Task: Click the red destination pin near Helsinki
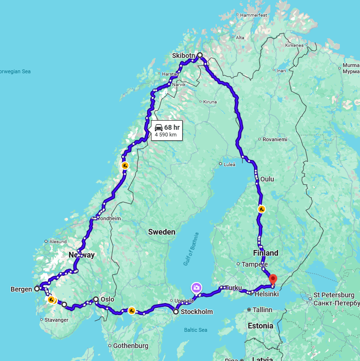click(x=273, y=279)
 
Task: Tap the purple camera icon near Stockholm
click(x=196, y=287)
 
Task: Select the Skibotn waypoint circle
click(x=200, y=55)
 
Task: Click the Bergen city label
click(x=21, y=289)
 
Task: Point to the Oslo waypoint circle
click(x=96, y=299)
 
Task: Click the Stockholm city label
click(x=196, y=312)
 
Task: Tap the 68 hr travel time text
click(x=172, y=127)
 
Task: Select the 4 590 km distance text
click(x=165, y=135)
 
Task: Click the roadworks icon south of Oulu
click(x=261, y=209)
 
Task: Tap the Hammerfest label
click(x=253, y=15)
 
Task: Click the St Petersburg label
click(x=334, y=295)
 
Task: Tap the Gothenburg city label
click(x=130, y=346)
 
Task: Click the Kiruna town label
click(x=209, y=102)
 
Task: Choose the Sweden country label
click(x=162, y=232)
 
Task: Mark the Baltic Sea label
click(x=196, y=330)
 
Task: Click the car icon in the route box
click(x=158, y=127)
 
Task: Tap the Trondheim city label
click(x=109, y=218)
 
